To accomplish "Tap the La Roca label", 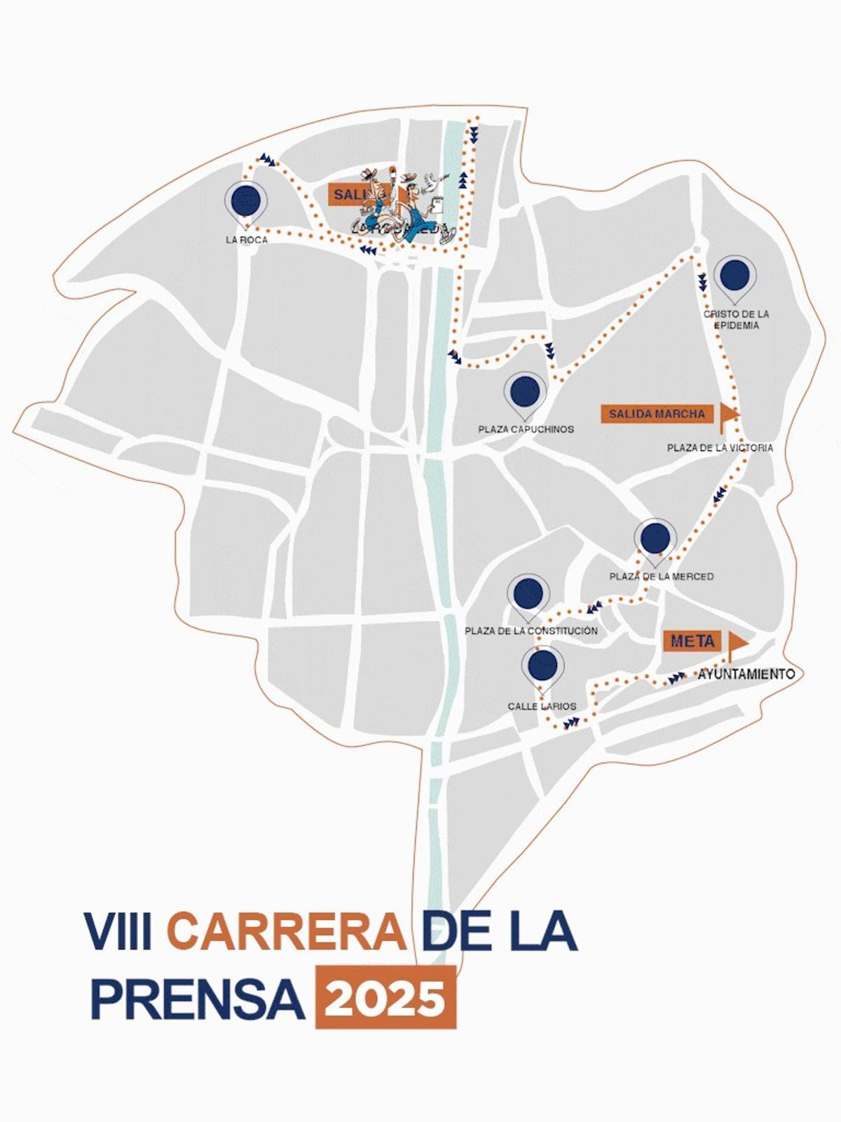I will coord(246,240).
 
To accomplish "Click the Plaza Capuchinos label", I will coord(526,429).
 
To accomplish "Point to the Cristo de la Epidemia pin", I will coord(734,276).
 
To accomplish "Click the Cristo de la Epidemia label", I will coord(736,320).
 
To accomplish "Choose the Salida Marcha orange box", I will coord(657,414).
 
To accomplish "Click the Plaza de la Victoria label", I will coord(720,447).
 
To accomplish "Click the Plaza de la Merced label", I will coord(662,576).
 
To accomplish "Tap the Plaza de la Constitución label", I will coord(531,631).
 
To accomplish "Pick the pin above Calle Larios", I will coord(544,666).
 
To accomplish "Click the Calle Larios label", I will coord(542,706).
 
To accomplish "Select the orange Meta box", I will coord(692,641).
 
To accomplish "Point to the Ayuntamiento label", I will coord(746,674).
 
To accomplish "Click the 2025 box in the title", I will coord(385,997).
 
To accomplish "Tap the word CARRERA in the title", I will coord(287,931).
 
